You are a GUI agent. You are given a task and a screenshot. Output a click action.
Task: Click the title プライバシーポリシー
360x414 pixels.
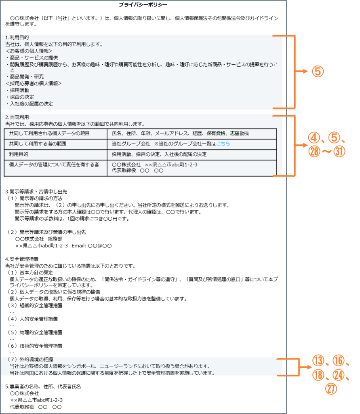pyautogui.click(x=143, y=4)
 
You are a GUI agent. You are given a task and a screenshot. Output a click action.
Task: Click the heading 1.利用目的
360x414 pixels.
pyautogui.click(x=17, y=38)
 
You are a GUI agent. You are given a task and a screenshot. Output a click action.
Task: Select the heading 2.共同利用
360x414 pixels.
pyautogui.click(x=17, y=117)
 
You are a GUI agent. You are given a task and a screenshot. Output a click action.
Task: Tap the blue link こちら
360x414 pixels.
pyautogui.click(x=223, y=144)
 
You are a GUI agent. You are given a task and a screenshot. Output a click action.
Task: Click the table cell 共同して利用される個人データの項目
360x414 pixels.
pyautogui.click(x=49, y=133)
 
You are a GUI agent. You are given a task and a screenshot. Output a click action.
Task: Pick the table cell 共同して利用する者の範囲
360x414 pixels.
pyautogui.click(x=38, y=144)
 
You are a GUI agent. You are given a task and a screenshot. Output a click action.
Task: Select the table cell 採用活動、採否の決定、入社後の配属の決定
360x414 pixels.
pyautogui.click(x=159, y=154)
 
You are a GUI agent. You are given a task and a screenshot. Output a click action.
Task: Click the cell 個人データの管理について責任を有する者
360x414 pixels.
pyautogui.click(x=54, y=165)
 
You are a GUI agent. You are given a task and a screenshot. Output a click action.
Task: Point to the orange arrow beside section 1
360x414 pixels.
pyautogui.click(x=301, y=71)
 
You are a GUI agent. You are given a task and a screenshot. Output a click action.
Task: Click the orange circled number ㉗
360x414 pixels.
pyautogui.click(x=331, y=389)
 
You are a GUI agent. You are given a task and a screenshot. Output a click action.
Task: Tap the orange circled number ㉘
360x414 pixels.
pyautogui.click(x=314, y=152)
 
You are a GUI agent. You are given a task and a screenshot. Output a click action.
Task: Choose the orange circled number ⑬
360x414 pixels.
pyautogui.click(x=318, y=361)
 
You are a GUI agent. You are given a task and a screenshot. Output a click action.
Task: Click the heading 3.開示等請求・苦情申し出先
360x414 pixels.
pyautogui.click(x=36, y=192)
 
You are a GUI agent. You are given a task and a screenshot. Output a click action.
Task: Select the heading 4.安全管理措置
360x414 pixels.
pyautogui.click(x=22, y=259)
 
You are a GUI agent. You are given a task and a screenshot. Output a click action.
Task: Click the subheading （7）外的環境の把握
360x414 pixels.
pyautogui.click(x=30, y=359)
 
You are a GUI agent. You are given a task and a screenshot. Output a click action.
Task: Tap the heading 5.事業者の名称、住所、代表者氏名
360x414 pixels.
pyautogui.click(x=43, y=387)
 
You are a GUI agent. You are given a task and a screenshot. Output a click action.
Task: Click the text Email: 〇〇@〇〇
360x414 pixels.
pyautogui.click(x=92, y=246)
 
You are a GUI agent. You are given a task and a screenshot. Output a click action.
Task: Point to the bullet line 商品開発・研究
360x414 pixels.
pyautogui.click(x=25, y=77)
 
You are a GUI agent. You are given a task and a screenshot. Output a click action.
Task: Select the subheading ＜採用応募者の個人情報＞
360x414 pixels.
pyautogui.click(x=34, y=83)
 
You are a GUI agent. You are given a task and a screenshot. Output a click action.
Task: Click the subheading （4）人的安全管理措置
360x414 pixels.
pyautogui.click(x=32, y=319)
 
